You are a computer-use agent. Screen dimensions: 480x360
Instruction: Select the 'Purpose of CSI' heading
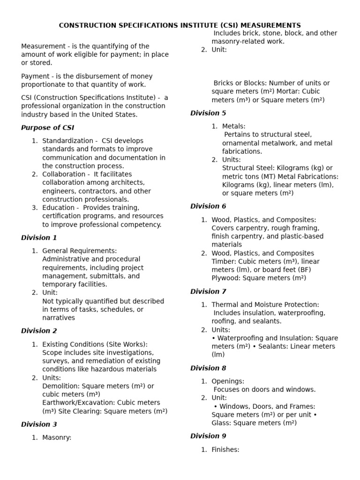pos(47,127)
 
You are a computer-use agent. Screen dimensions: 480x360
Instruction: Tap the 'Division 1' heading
pos(39,238)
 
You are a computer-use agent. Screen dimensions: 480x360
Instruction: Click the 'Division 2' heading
pos(39,331)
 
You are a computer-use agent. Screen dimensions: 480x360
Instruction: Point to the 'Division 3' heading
pos(39,425)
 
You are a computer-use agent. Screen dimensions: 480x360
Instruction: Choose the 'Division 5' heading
pos(208,113)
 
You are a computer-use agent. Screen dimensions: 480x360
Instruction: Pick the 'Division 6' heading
pos(208,206)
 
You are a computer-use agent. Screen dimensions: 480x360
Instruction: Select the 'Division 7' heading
pos(208,292)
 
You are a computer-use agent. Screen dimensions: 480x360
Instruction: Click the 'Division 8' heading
pos(208,368)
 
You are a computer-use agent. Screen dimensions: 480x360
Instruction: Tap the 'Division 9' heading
pos(208,436)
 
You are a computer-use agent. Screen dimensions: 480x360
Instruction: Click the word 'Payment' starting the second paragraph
pos(34,76)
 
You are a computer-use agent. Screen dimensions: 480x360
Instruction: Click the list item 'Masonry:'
pos(57,438)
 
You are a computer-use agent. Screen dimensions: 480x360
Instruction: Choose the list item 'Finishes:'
pos(225,450)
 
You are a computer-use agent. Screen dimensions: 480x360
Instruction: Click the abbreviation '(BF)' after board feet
pos(303,270)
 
